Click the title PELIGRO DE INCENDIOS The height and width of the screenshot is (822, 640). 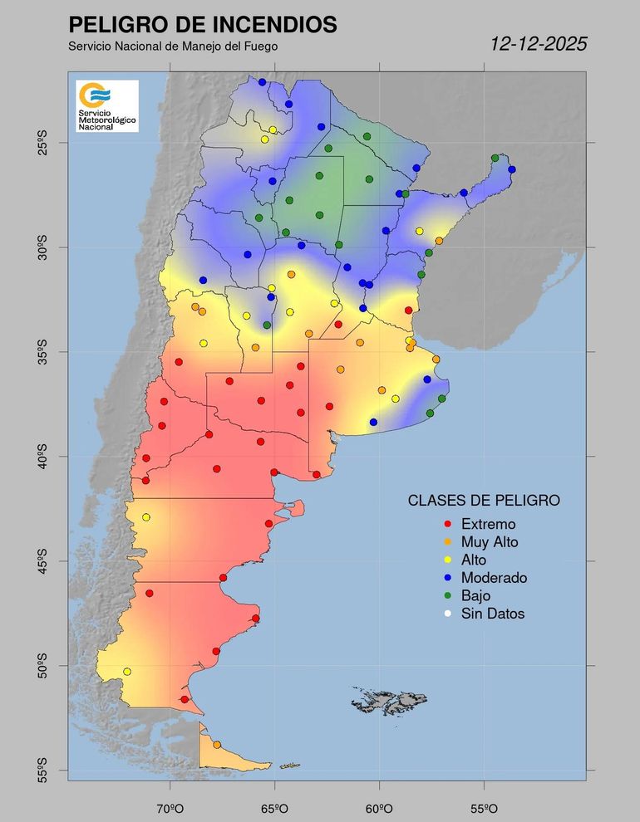[203, 24]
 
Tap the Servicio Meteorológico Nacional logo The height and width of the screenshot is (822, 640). [106, 105]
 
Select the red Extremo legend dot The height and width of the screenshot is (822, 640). [448, 524]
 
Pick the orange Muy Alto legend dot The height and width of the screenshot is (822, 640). [448, 542]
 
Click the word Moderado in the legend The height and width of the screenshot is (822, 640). [494, 578]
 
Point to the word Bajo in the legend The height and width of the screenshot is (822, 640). [476, 596]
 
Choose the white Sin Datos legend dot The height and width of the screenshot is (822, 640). [448, 614]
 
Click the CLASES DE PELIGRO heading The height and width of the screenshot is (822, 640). [483, 501]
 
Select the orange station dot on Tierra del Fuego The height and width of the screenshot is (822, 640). [217, 745]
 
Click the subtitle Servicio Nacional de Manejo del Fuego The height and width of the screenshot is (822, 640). [173, 46]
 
